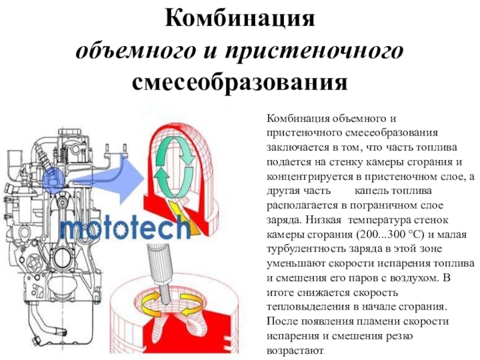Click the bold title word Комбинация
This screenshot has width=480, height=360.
click(x=239, y=19)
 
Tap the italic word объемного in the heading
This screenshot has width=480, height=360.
click(x=136, y=50)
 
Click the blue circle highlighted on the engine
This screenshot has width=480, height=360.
click(x=53, y=180)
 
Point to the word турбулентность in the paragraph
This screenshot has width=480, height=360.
click(x=306, y=249)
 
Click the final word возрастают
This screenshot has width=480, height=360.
click(x=295, y=350)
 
